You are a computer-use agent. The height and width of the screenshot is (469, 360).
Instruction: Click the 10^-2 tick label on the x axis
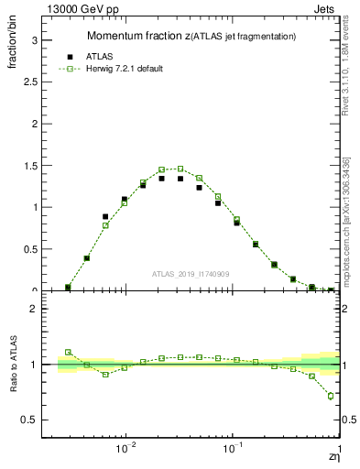(126, 448)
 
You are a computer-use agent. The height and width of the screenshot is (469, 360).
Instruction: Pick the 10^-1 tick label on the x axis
(233, 448)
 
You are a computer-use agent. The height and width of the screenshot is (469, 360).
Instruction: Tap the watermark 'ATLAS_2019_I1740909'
(190, 273)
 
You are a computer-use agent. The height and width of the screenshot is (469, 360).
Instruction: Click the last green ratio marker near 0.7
(331, 396)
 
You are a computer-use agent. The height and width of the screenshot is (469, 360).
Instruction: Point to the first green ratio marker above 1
(68, 352)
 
